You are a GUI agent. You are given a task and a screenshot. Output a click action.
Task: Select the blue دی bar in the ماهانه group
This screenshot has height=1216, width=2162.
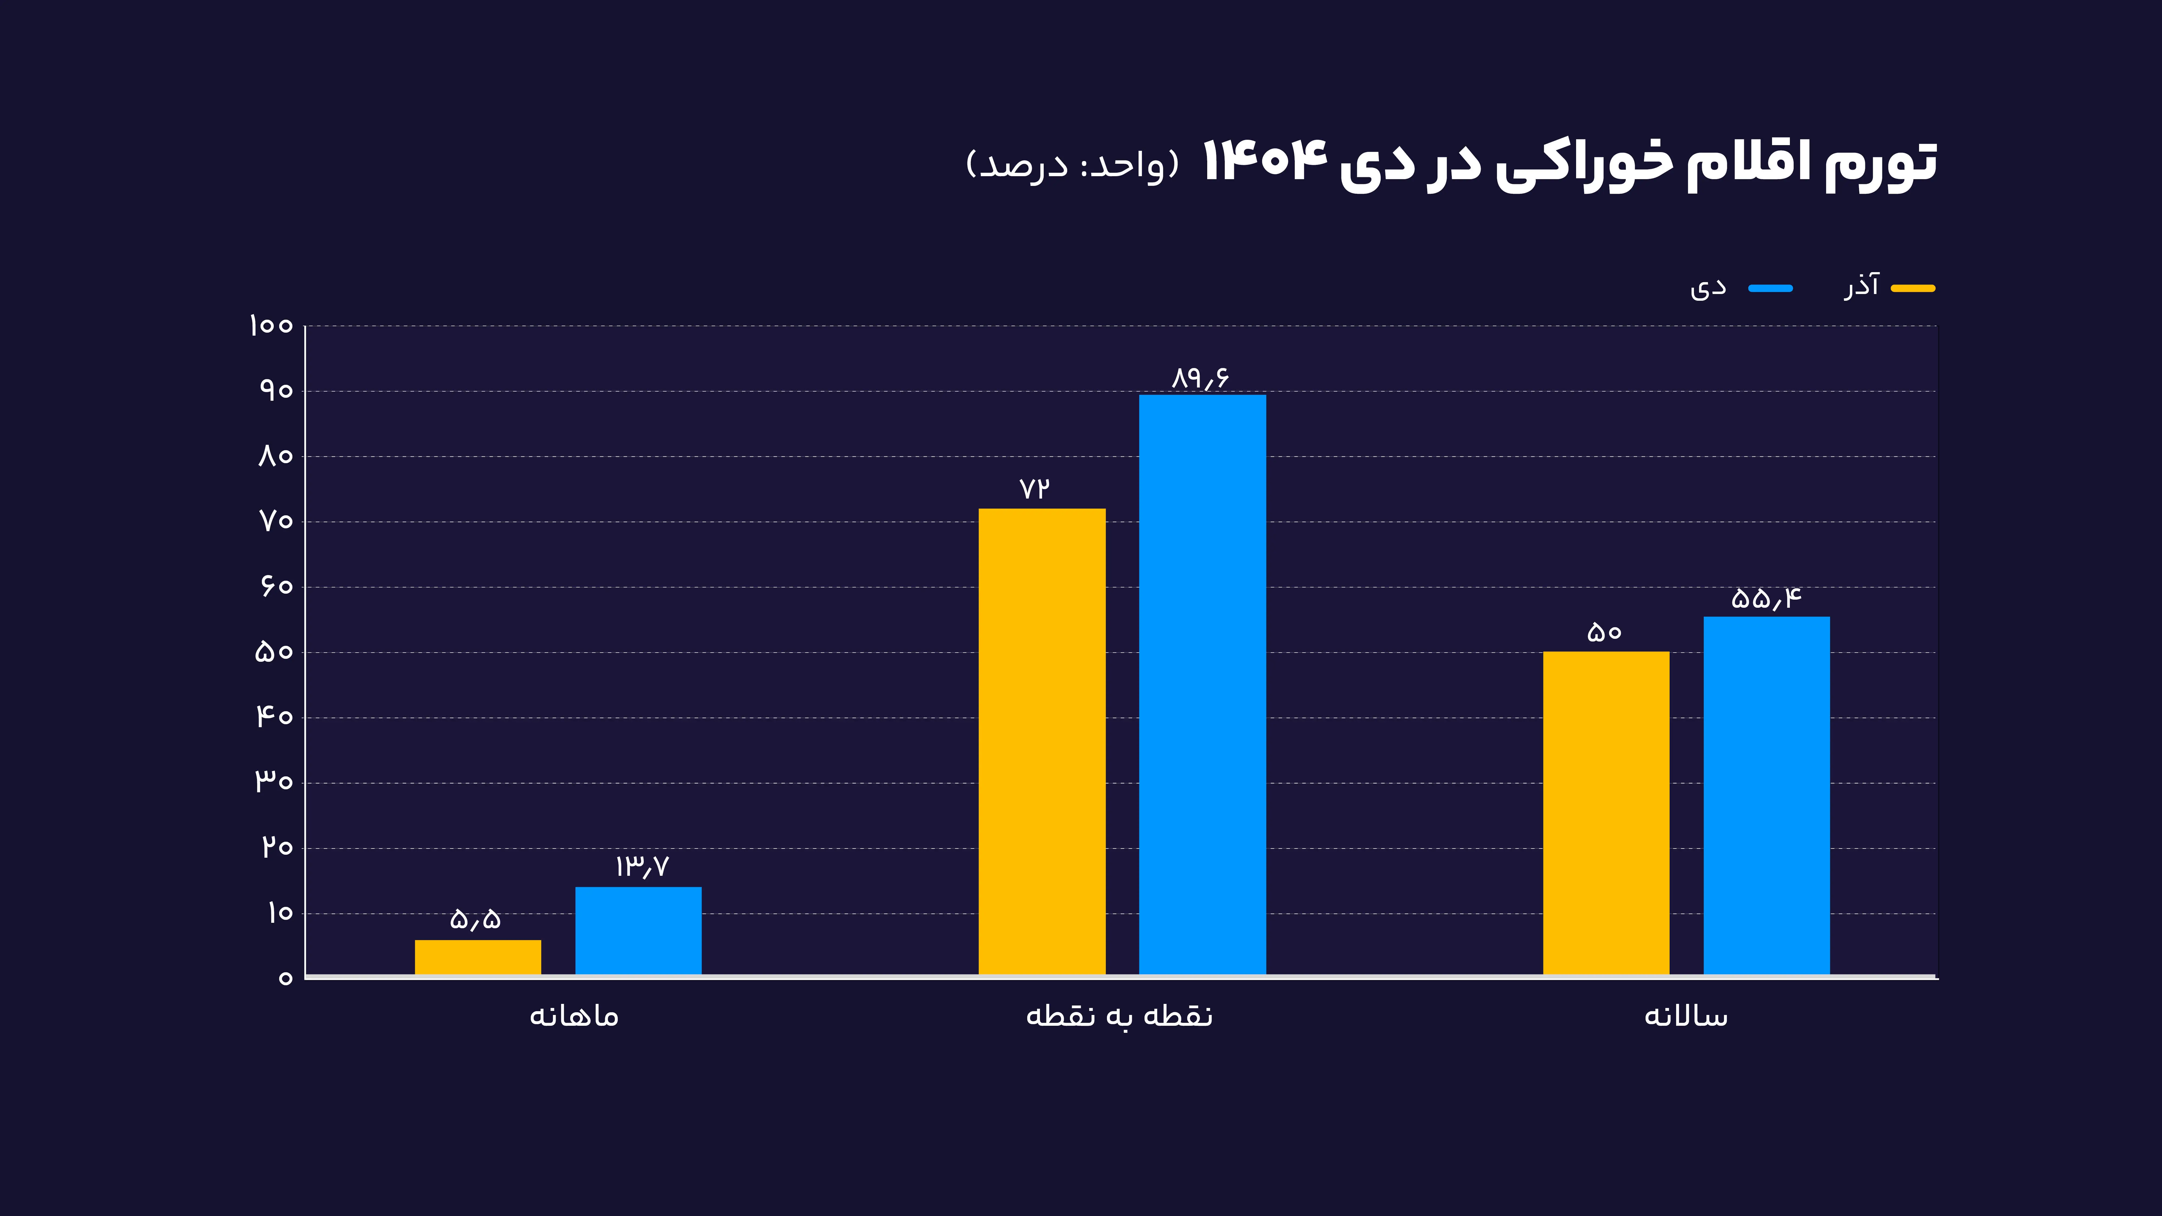pos(638,930)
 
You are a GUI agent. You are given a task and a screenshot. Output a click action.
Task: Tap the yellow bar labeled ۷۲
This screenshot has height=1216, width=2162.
pos(1042,741)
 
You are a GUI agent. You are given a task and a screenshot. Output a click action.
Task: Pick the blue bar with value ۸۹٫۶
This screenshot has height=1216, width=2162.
pos(1202,684)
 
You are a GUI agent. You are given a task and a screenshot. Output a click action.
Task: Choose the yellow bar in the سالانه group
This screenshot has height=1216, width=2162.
pos(1606,812)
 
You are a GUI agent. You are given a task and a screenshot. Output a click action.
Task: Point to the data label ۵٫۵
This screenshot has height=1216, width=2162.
pos(475,919)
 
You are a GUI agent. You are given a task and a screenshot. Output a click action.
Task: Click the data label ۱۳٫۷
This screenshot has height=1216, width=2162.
pos(641,866)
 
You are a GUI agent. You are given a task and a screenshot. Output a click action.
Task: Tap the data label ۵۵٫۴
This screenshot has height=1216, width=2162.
pos(1766,598)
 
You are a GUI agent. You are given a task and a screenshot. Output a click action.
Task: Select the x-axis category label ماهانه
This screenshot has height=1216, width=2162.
pos(574,1016)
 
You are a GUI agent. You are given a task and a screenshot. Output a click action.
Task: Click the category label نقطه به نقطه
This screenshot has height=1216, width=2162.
pos(1119,1016)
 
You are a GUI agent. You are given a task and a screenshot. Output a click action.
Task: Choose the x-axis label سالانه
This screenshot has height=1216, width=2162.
pos(1685,1016)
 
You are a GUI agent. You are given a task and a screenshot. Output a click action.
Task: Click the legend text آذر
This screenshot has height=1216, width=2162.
pos(1861,286)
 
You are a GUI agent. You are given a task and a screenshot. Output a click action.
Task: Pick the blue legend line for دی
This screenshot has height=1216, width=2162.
pos(1770,288)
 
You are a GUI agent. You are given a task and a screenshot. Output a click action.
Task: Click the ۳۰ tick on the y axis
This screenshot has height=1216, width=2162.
pos(273,782)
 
